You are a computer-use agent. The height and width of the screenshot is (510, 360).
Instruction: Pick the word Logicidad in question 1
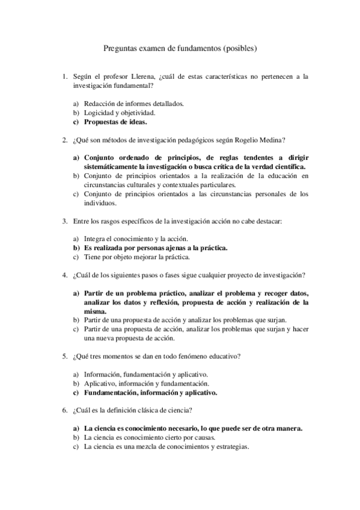(x=98, y=112)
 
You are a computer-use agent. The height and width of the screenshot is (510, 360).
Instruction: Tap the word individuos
(x=100, y=203)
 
